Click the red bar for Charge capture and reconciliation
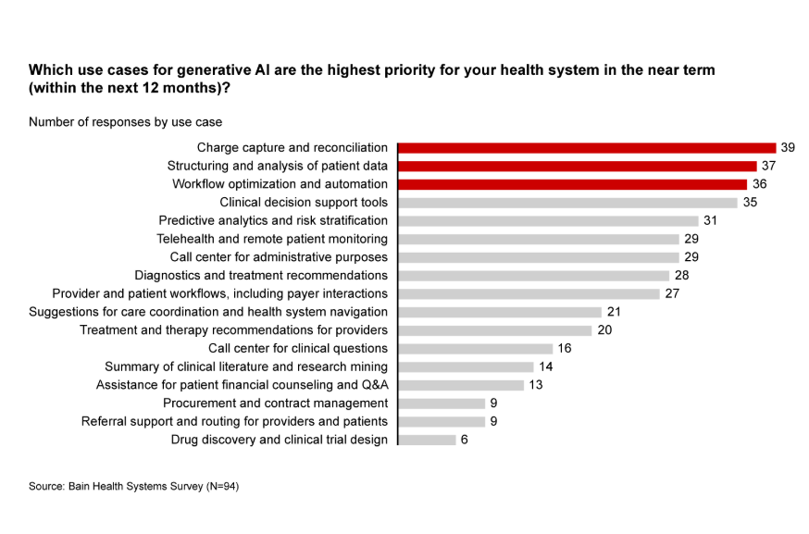click(586, 147)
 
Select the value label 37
click(768, 166)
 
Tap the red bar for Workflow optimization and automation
click(572, 184)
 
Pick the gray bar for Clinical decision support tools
click(567, 203)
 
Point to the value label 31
click(710, 220)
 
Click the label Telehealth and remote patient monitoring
click(272, 239)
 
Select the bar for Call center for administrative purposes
click(538, 257)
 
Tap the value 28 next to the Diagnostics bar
click(681, 275)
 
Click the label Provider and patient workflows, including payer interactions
click(219, 293)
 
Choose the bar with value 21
click(500, 312)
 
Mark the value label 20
click(604, 330)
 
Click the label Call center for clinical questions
click(297, 349)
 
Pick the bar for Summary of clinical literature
click(466, 366)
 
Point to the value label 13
click(536, 385)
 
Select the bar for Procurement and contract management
click(441, 404)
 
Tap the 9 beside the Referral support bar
click(493, 422)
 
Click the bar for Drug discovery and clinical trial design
click(427, 440)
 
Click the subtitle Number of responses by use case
click(125, 121)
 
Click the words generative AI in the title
click(216, 70)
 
